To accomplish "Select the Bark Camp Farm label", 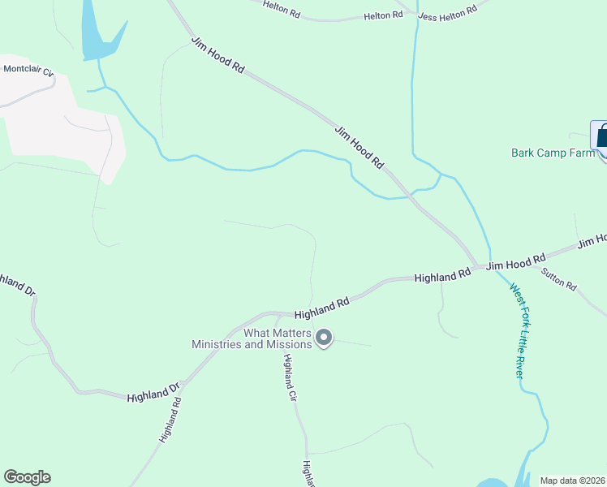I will [x=553, y=152].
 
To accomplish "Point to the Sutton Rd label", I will [x=560, y=281].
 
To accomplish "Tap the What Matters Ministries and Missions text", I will [x=252, y=338].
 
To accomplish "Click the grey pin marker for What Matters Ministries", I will [x=324, y=337].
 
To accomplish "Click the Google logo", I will [x=27, y=477].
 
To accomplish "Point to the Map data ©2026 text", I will [x=572, y=481].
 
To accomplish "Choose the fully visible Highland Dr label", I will [x=153, y=394].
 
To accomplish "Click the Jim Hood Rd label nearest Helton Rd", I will [x=217, y=56].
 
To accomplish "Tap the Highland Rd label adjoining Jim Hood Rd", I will [x=442, y=277].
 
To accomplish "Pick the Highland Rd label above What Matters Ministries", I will [x=321, y=307].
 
